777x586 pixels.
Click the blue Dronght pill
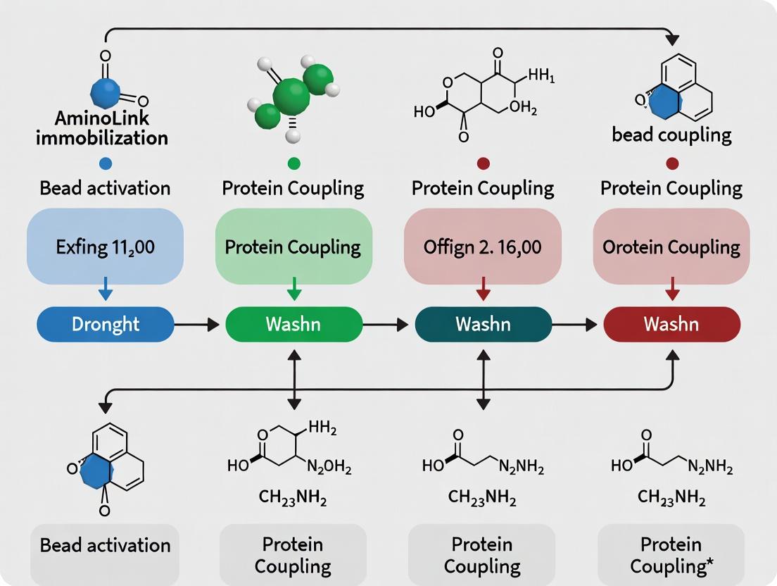(105, 324)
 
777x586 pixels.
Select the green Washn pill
(293, 324)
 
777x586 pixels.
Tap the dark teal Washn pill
(483, 324)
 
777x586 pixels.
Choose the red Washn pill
(671, 324)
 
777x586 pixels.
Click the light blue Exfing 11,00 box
(105, 247)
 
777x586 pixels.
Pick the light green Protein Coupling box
(293, 247)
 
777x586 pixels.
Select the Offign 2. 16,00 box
(483, 247)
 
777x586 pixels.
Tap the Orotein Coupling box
(671, 247)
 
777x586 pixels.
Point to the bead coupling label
(671, 135)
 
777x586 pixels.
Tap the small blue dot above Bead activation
(105, 163)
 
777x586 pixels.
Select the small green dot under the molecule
(293, 163)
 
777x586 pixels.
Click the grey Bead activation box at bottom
(105, 545)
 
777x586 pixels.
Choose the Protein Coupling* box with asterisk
(671, 555)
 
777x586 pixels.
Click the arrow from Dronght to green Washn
(199, 324)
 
